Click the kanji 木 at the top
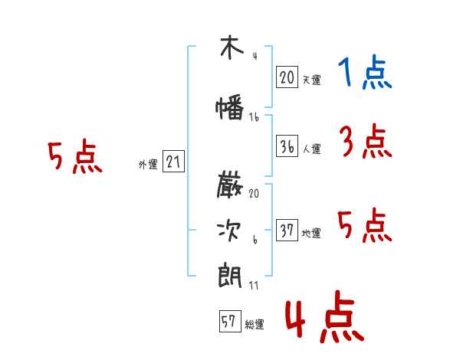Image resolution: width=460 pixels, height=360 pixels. click(232, 47)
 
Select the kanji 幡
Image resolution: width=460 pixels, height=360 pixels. click(230, 107)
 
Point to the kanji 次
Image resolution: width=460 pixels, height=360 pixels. click(229, 231)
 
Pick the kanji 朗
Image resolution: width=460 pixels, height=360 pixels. click(230, 275)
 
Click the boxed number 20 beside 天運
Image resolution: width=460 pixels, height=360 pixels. click(287, 77)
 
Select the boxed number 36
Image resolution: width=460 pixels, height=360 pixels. click(287, 146)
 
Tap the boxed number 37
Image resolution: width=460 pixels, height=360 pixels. click(287, 230)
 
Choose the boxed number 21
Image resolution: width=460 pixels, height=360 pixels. click(173, 162)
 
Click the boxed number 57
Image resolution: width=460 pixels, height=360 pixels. click(230, 321)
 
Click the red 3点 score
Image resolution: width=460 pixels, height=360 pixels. click(366, 141)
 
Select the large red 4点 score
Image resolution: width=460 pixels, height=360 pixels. click(325, 316)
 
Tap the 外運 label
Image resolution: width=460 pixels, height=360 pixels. click(148, 165)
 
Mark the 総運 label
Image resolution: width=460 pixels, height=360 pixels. click(255, 325)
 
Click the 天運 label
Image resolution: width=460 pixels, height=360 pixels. click(312, 80)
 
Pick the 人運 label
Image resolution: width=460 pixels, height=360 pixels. click(312, 149)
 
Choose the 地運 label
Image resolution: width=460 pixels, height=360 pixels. click(311, 234)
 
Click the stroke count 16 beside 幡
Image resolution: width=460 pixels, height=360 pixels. click(254, 117)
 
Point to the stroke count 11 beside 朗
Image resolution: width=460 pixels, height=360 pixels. click(254, 286)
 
